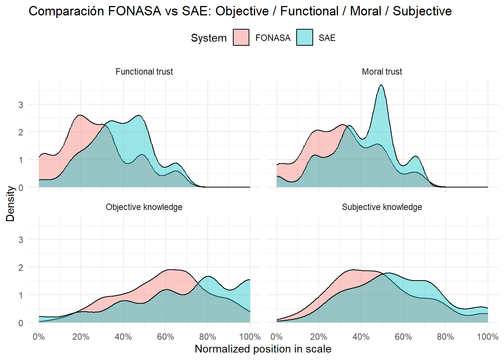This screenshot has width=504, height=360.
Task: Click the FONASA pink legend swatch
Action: click(x=241, y=37)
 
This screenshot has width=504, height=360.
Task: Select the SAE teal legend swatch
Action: click(x=304, y=37)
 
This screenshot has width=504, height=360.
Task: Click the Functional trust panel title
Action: click(x=144, y=72)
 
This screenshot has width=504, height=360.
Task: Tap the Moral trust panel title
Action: click(x=382, y=72)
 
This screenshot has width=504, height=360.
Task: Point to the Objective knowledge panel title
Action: click(x=144, y=207)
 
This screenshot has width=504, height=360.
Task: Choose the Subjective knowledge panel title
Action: click(x=382, y=207)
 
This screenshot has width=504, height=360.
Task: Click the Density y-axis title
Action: click(x=10, y=204)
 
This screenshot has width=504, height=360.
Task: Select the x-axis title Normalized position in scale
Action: click(x=263, y=349)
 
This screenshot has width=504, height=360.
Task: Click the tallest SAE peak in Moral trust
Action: click(x=381, y=85)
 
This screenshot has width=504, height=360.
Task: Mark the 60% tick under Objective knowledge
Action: click(x=165, y=337)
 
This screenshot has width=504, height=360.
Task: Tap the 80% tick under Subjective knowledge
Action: click(x=445, y=337)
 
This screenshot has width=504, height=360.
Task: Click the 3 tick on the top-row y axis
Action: click(x=21, y=105)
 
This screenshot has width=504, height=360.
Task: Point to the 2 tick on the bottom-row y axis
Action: click(x=21, y=267)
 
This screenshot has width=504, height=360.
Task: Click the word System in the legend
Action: click(x=208, y=38)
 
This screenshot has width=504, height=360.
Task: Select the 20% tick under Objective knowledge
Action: click(x=81, y=337)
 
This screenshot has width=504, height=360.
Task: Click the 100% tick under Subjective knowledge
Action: click(x=487, y=337)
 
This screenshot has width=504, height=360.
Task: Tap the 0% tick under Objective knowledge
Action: click(x=39, y=337)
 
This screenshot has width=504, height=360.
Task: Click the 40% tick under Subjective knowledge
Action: click(x=361, y=337)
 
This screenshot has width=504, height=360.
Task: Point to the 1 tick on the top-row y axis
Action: click(x=21, y=160)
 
